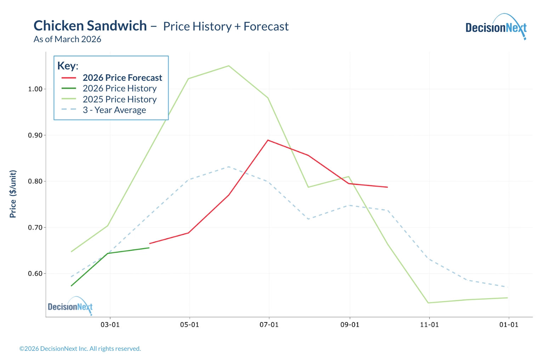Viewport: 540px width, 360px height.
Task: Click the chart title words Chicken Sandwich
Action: point(90,26)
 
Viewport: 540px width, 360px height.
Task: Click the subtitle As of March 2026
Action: point(67,39)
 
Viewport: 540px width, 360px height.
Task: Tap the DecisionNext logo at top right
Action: point(496,27)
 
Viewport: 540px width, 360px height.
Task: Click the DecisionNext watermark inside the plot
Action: point(70,306)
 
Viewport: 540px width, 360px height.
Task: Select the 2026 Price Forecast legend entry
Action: point(122,78)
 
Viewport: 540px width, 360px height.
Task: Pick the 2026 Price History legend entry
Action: point(119,89)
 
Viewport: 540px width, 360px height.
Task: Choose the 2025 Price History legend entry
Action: point(119,100)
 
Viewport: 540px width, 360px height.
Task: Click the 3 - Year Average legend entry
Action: point(114,110)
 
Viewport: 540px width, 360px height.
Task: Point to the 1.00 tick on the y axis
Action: point(35,89)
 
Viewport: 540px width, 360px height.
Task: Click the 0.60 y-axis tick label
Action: point(35,274)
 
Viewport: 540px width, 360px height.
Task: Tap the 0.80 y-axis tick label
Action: point(35,181)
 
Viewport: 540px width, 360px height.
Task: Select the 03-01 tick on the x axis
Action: point(110,325)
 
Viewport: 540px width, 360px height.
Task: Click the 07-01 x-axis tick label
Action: point(269,325)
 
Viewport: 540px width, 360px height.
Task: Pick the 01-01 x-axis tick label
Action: point(509,325)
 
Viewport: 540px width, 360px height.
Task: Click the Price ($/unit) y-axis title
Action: point(13,194)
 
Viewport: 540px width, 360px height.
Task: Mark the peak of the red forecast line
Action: point(268,140)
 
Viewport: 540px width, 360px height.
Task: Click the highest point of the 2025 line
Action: point(229,66)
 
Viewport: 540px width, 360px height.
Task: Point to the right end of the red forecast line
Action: point(387,187)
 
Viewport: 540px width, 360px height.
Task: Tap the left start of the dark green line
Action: point(72,286)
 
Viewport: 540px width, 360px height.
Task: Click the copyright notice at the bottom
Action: point(80,349)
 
